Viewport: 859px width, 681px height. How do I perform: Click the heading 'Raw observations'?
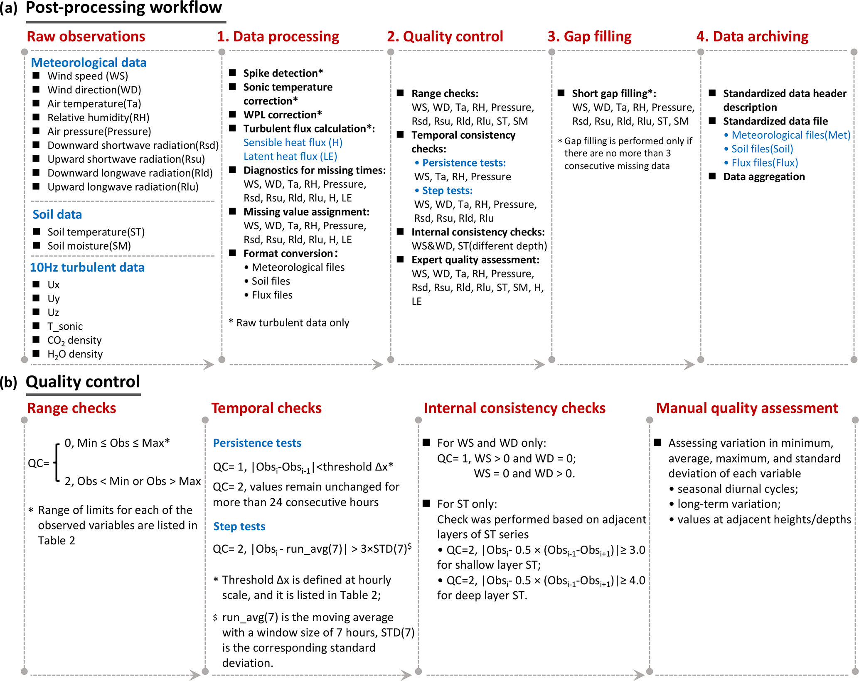tap(86, 37)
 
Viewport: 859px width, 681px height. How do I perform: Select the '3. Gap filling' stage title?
tap(589, 37)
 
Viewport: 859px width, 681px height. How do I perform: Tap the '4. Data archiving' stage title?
tap(752, 37)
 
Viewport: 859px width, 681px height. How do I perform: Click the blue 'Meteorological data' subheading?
tap(89, 63)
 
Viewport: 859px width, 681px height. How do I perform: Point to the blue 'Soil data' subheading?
tap(57, 215)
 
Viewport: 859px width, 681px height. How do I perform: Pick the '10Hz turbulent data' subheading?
tap(87, 267)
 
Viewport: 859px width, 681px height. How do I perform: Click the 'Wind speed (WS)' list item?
tap(88, 76)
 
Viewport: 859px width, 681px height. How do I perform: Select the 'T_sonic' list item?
tap(65, 326)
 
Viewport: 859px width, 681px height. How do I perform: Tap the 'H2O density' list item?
tap(75, 354)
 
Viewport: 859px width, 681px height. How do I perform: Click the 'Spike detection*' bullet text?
tap(283, 73)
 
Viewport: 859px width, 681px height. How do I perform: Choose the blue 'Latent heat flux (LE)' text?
tap(290, 157)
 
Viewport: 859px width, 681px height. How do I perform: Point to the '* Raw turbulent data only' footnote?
tap(289, 323)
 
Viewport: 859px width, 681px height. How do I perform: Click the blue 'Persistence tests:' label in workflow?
tap(464, 163)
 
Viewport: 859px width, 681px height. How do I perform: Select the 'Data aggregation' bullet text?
tap(764, 177)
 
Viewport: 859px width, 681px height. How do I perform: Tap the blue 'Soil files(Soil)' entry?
tap(762, 149)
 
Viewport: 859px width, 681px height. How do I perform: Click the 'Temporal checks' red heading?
tap(266, 408)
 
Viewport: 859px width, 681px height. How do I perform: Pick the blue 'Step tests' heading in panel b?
tap(239, 527)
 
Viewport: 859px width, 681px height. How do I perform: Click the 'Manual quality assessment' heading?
tap(747, 408)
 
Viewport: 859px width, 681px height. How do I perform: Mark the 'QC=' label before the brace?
tap(38, 463)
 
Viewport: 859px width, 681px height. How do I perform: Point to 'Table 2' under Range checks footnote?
tap(57, 541)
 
